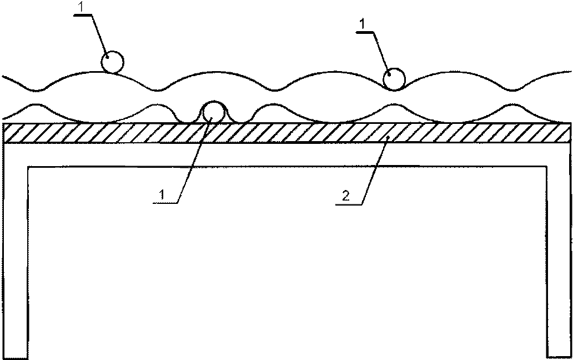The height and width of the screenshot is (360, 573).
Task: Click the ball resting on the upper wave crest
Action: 113,62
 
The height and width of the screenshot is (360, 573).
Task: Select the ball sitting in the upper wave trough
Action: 395,79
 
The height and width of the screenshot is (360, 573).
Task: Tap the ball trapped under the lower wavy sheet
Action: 213,112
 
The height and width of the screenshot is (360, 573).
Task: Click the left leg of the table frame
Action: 16,250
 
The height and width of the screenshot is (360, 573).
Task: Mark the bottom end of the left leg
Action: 16,356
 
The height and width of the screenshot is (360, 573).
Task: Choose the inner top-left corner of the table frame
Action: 28,167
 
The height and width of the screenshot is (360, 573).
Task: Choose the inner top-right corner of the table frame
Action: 546,167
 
